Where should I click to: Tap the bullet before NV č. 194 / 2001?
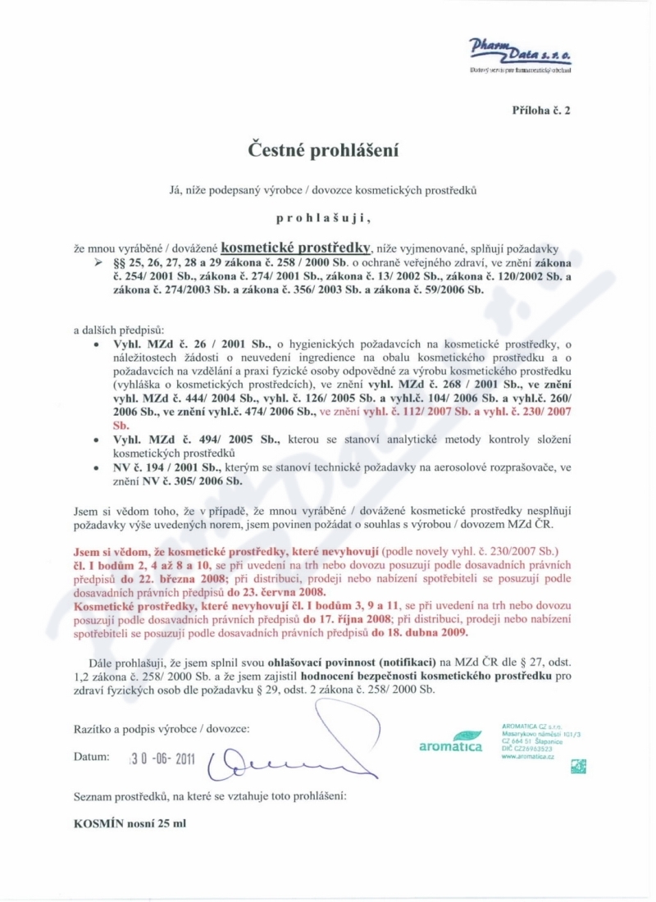click(x=98, y=467)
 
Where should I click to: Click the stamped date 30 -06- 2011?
click(x=162, y=758)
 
